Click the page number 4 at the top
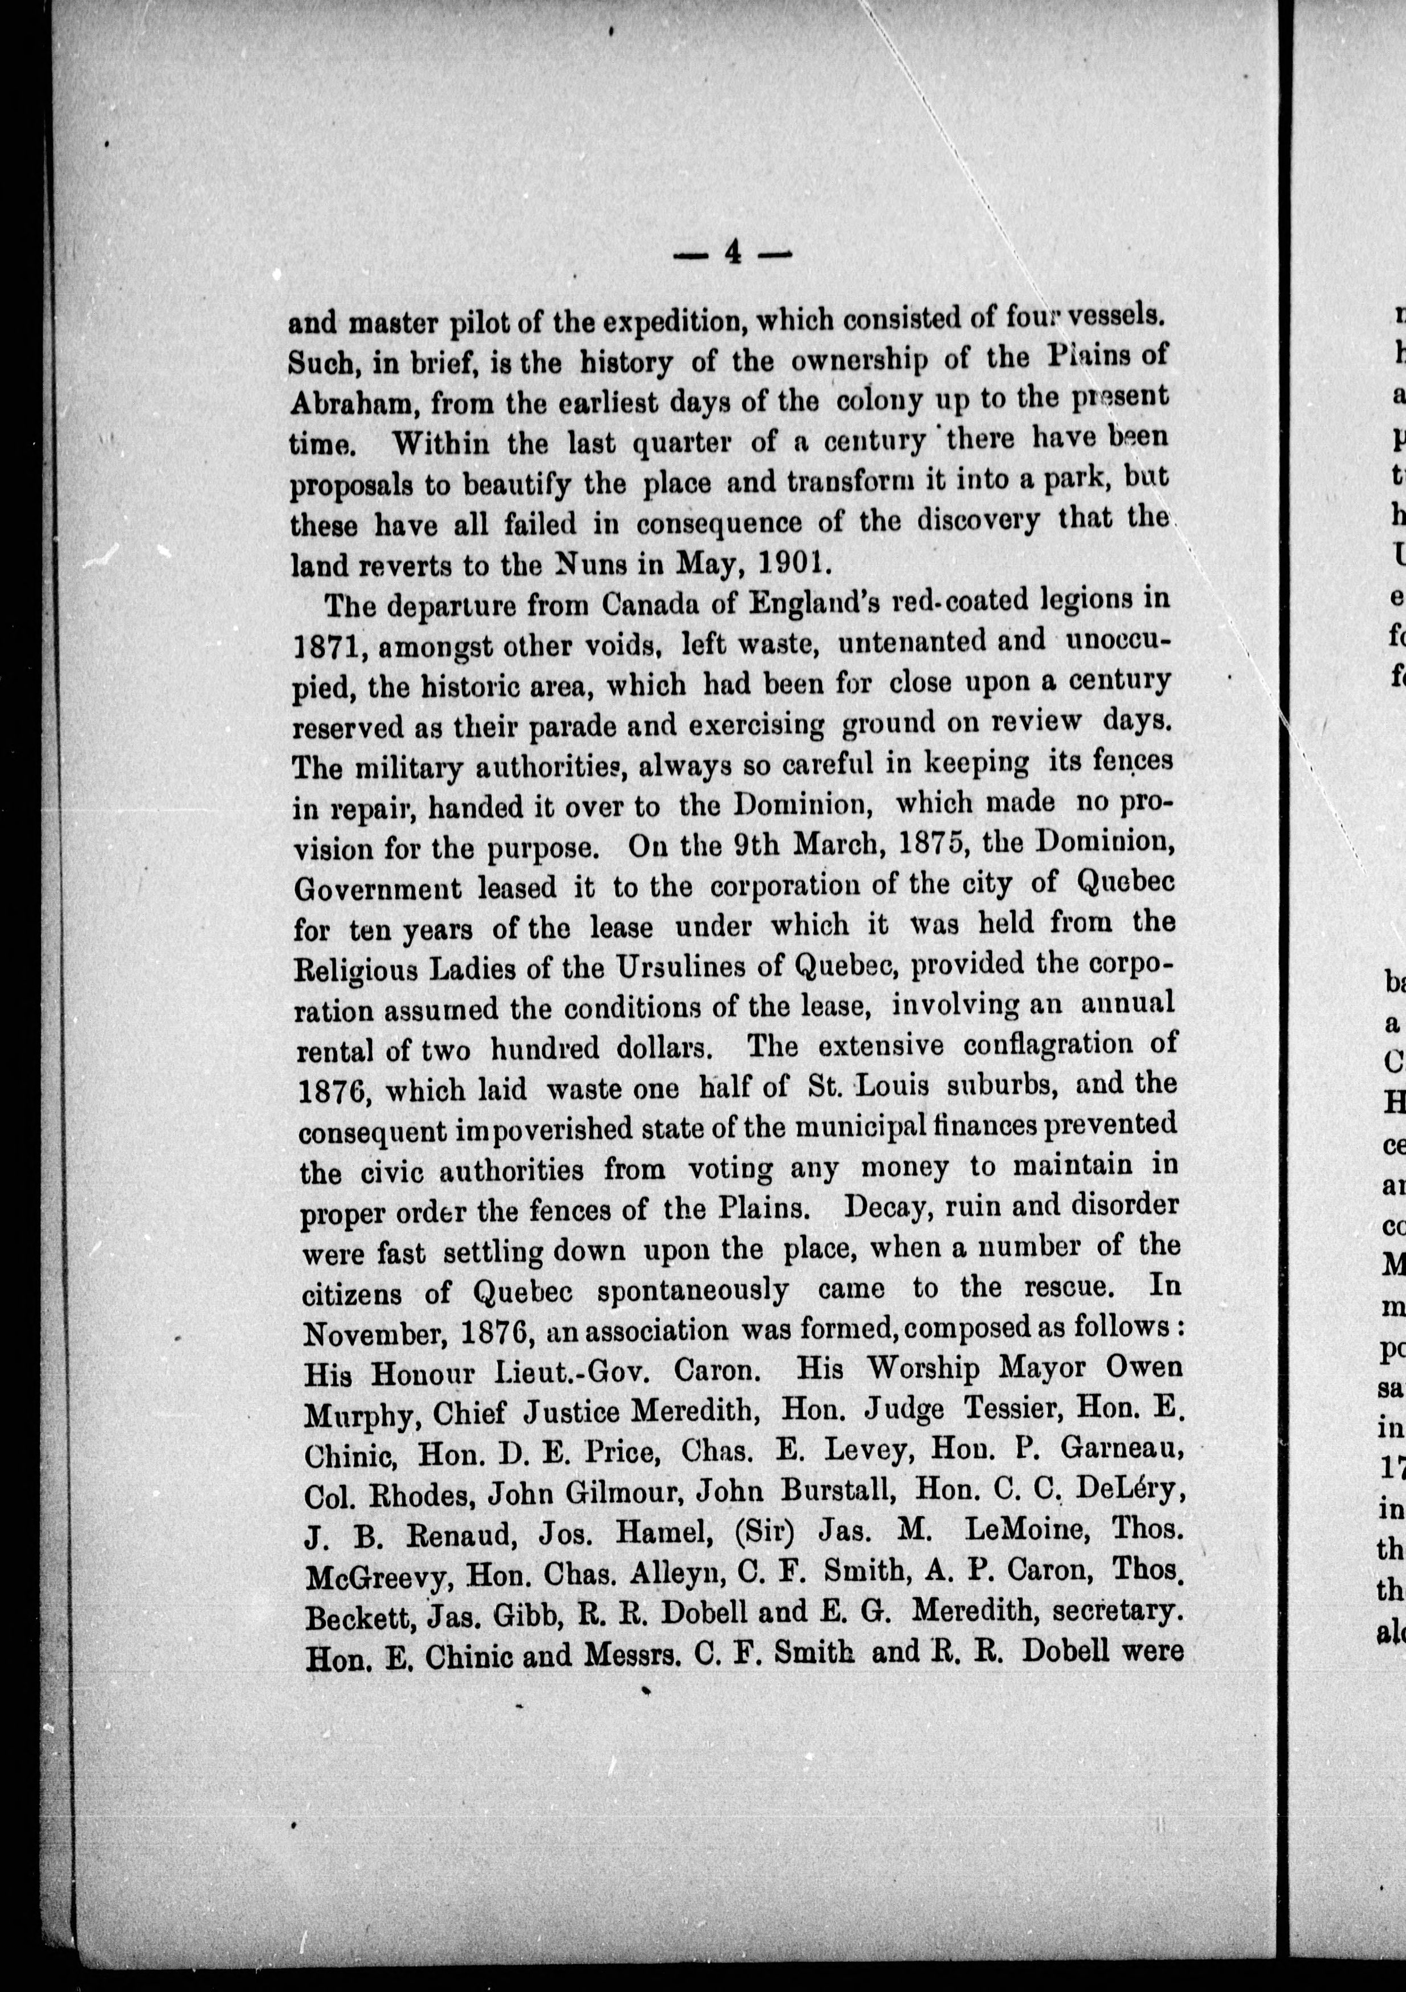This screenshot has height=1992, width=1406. coord(733,252)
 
